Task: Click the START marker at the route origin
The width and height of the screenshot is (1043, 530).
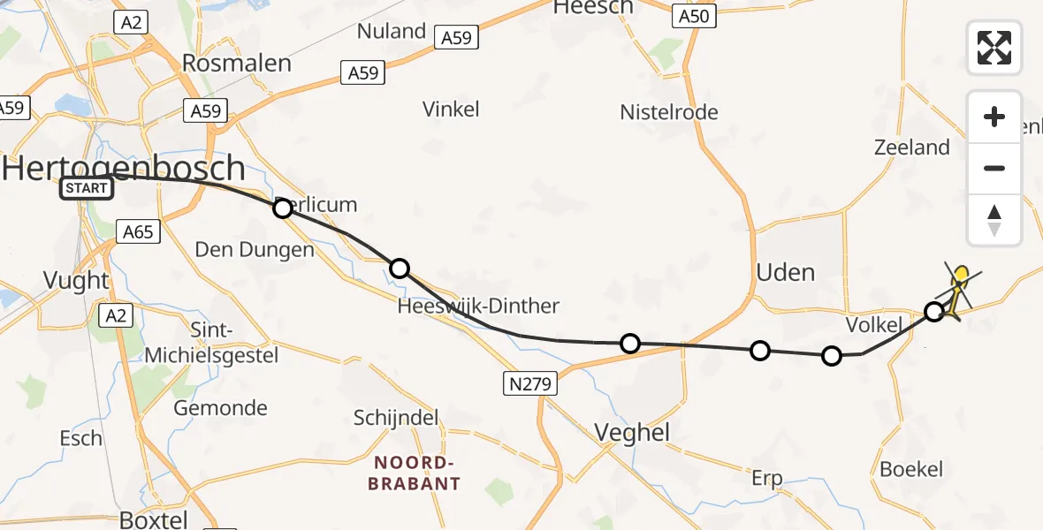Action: click(x=87, y=187)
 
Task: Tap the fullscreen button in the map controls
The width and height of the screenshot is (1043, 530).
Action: click(x=994, y=47)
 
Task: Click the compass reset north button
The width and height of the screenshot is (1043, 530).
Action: click(x=994, y=219)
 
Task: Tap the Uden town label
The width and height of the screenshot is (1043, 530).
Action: click(x=786, y=272)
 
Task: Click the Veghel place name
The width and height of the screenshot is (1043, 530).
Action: click(x=632, y=433)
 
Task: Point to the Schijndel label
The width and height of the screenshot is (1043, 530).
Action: click(x=396, y=418)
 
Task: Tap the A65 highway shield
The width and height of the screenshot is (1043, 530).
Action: click(x=138, y=232)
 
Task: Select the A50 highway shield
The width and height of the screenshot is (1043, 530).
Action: click(x=694, y=16)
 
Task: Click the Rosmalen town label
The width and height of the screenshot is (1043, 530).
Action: click(x=236, y=63)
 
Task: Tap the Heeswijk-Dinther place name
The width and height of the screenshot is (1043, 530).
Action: click(x=478, y=306)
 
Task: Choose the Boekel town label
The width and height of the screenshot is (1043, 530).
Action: click(x=911, y=469)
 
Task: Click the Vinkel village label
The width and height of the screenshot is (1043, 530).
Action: click(x=451, y=109)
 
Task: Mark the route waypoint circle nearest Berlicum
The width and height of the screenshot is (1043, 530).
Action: click(x=283, y=208)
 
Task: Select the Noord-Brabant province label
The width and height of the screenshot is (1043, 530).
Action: click(x=417, y=473)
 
